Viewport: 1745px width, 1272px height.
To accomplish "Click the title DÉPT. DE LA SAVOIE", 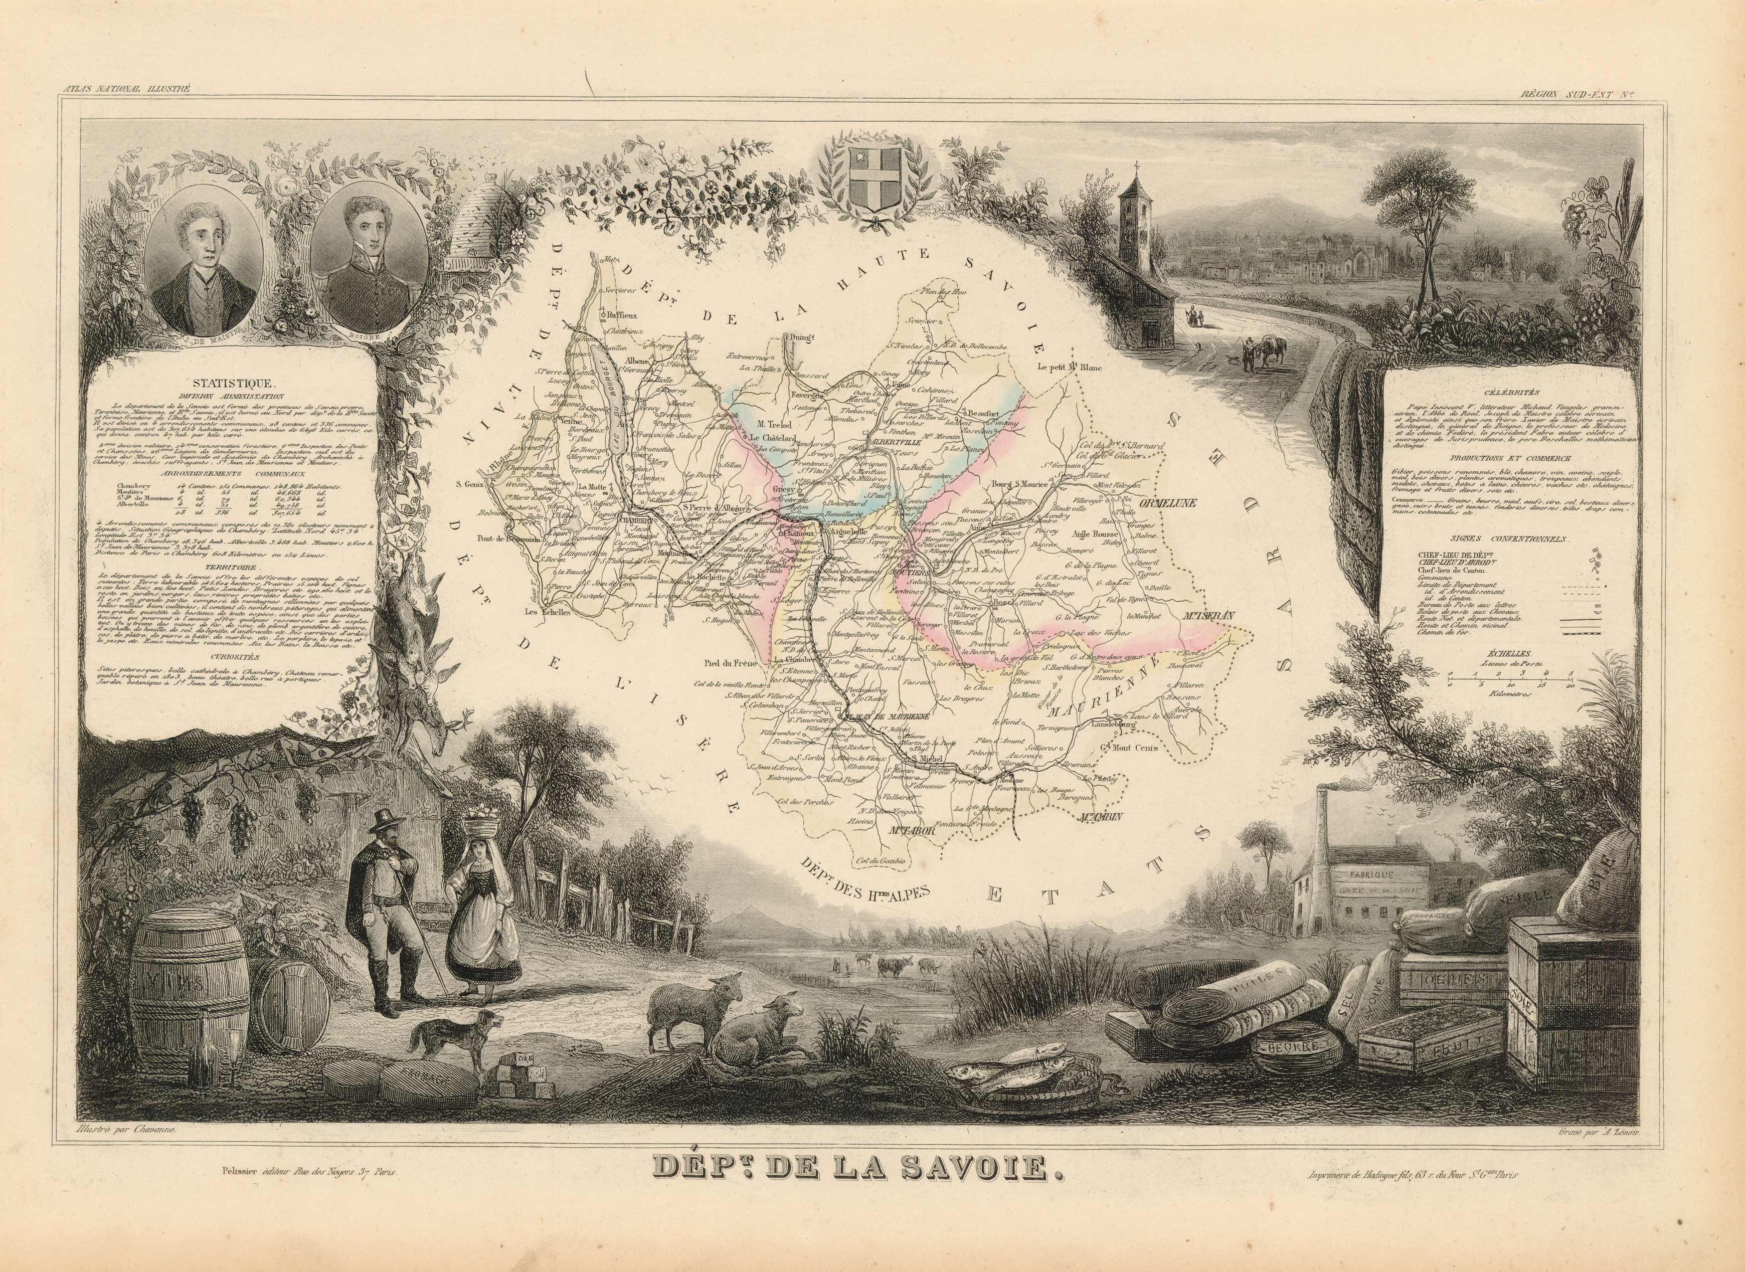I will (872, 1190).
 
